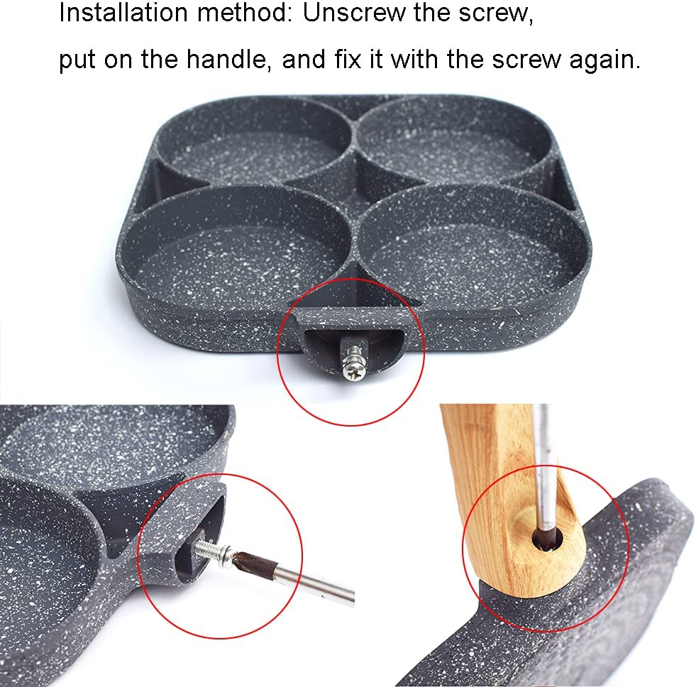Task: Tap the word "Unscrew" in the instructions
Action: point(348,14)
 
